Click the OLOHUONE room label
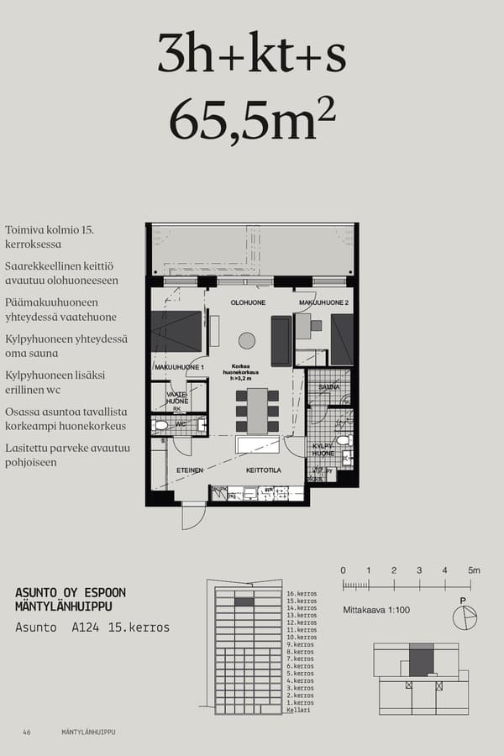[248, 303]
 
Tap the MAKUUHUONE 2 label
[323, 303]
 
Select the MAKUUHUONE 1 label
[178, 368]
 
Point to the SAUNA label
[329, 387]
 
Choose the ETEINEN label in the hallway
[190, 470]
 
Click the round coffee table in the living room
[246, 340]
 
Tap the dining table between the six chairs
[257, 410]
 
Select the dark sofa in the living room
[281, 340]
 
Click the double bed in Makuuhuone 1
[176, 332]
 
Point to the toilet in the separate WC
[161, 426]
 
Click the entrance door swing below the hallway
[192, 517]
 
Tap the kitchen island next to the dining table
[261, 445]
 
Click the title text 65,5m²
[252, 119]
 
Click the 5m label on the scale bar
[474, 571]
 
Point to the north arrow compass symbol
[464, 617]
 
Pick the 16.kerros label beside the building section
[301, 593]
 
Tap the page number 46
[27, 732]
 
